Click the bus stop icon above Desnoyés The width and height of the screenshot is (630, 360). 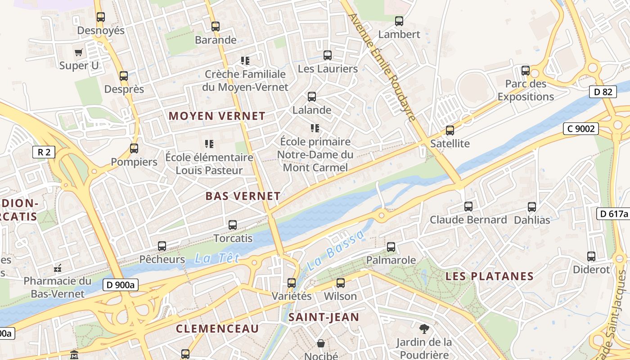[x=101, y=17]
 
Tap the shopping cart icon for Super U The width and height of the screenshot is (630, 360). [x=79, y=52]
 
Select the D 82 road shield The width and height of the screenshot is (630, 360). [x=603, y=92]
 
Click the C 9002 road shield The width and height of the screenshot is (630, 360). [x=581, y=129]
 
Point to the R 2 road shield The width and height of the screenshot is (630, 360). [x=44, y=152]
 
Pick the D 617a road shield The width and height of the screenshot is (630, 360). [x=613, y=214]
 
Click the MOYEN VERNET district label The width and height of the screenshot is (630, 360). [x=217, y=116]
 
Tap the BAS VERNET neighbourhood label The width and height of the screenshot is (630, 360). [x=243, y=196]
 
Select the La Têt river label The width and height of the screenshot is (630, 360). [x=216, y=258]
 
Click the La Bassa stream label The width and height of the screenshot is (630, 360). [x=335, y=251]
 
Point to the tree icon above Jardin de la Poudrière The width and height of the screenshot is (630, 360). [x=424, y=328]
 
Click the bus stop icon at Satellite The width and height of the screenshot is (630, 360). [x=450, y=130]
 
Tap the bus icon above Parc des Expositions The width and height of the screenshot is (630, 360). [x=526, y=71]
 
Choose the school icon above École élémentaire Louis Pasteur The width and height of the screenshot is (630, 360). [x=209, y=144]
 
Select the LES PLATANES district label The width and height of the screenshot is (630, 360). [x=490, y=276]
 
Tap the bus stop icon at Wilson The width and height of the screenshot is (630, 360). [x=341, y=283]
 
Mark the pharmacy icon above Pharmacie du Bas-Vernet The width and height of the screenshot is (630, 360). [x=58, y=268]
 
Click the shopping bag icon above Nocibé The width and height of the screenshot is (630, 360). [x=321, y=343]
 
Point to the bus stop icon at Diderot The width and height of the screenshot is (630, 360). [x=591, y=256]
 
